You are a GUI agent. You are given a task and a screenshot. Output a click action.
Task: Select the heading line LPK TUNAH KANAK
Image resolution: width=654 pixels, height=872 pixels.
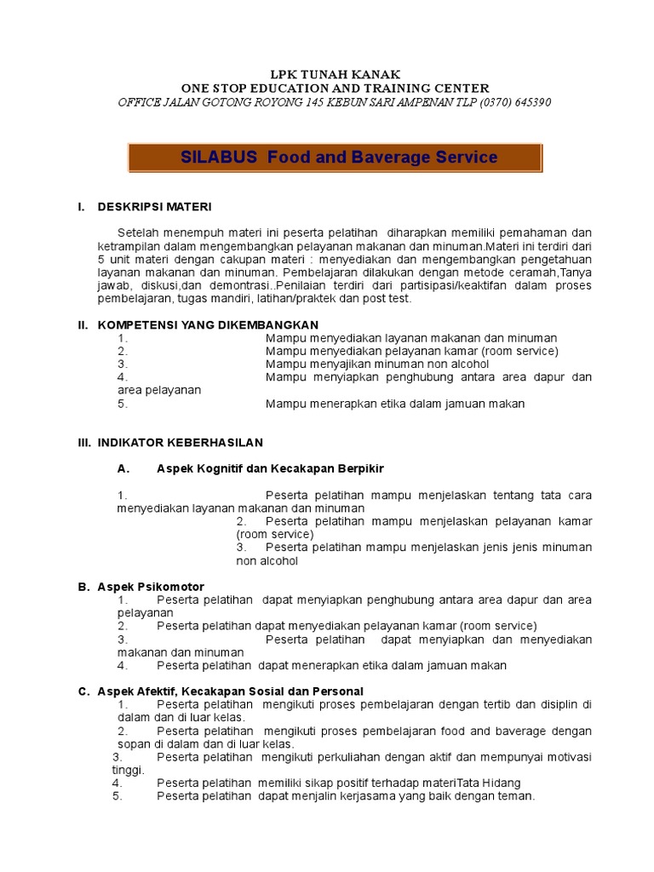[x=335, y=75]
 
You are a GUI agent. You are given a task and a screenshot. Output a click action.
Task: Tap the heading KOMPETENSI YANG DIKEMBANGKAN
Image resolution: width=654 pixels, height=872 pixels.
[x=208, y=325]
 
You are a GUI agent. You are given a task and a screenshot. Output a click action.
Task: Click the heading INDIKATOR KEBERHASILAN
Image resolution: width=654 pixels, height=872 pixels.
[x=181, y=443]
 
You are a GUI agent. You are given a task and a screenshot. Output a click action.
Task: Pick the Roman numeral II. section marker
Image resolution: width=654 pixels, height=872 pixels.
[x=83, y=325]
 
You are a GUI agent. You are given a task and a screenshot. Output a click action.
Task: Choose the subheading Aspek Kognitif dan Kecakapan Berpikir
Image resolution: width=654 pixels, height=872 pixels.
[x=271, y=468]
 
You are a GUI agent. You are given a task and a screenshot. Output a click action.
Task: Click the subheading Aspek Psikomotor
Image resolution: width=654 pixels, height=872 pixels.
[x=151, y=588]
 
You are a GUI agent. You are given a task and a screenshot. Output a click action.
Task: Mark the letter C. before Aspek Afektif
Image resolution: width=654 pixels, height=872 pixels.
[x=83, y=691]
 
